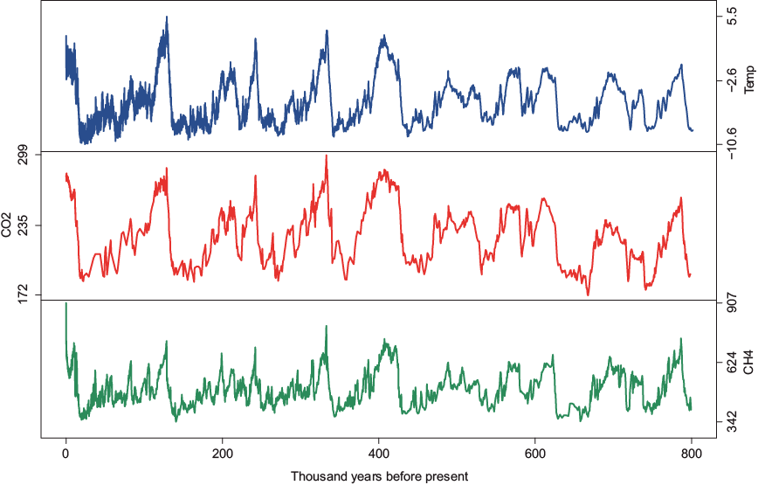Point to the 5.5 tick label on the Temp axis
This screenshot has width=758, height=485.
pos(730,17)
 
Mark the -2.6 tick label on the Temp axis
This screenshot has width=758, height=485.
pos(730,80)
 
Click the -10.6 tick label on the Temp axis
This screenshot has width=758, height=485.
pos(730,140)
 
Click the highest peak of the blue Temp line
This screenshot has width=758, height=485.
pos(166,17)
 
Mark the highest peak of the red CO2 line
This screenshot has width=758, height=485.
pos(326,156)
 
